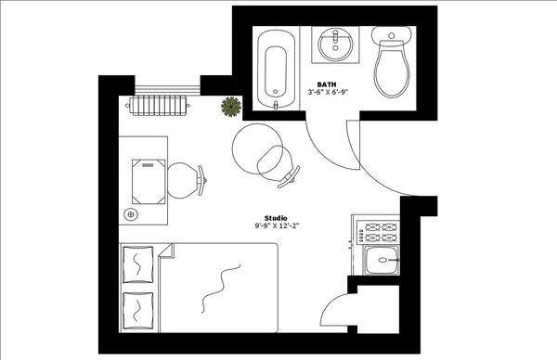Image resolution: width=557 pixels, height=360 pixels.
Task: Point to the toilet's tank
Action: [x=391, y=35]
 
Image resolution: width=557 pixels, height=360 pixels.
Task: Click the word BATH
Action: [x=327, y=84]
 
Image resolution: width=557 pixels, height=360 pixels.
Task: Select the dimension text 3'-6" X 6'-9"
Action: [x=327, y=93]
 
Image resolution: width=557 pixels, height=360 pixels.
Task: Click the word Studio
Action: [x=276, y=217]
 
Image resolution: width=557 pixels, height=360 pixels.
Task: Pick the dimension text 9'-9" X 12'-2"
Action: [x=276, y=225]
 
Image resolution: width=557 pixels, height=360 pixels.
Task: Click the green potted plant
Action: [x=230, y=108]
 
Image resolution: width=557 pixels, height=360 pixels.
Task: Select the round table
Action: [x=253, y=148]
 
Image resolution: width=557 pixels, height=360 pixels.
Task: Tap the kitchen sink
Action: [x=381, y=263]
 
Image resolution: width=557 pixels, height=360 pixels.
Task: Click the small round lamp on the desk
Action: [x=131, y=215]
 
